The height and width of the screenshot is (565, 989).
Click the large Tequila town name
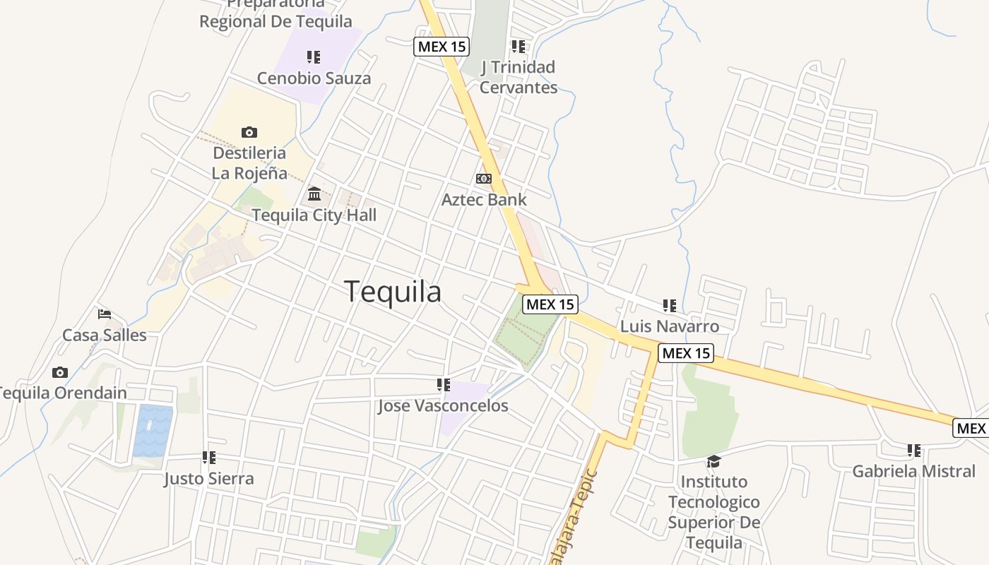393,292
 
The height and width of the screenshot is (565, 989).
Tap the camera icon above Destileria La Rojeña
249,132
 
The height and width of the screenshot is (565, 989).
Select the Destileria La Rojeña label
249,163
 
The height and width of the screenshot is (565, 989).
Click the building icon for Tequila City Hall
314,194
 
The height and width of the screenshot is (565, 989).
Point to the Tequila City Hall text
314,215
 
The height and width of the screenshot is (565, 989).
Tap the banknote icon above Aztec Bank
484,179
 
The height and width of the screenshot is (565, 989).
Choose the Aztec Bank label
484,200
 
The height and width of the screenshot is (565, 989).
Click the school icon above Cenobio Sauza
314,57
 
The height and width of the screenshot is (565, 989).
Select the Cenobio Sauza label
314,78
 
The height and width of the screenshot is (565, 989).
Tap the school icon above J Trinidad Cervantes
519,47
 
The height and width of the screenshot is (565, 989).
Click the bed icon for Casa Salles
105,314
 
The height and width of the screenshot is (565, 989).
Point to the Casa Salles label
105,335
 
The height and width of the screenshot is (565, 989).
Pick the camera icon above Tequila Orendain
60,372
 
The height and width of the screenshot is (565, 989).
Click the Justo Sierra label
208,479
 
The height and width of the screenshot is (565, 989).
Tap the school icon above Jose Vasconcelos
444,385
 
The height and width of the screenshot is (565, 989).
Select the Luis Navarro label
670,326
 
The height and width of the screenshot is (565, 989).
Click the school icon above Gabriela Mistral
914,450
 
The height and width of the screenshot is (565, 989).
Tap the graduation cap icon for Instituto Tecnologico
713,461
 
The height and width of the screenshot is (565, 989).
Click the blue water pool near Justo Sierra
153,430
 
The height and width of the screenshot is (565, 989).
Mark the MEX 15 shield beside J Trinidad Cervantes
442,47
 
